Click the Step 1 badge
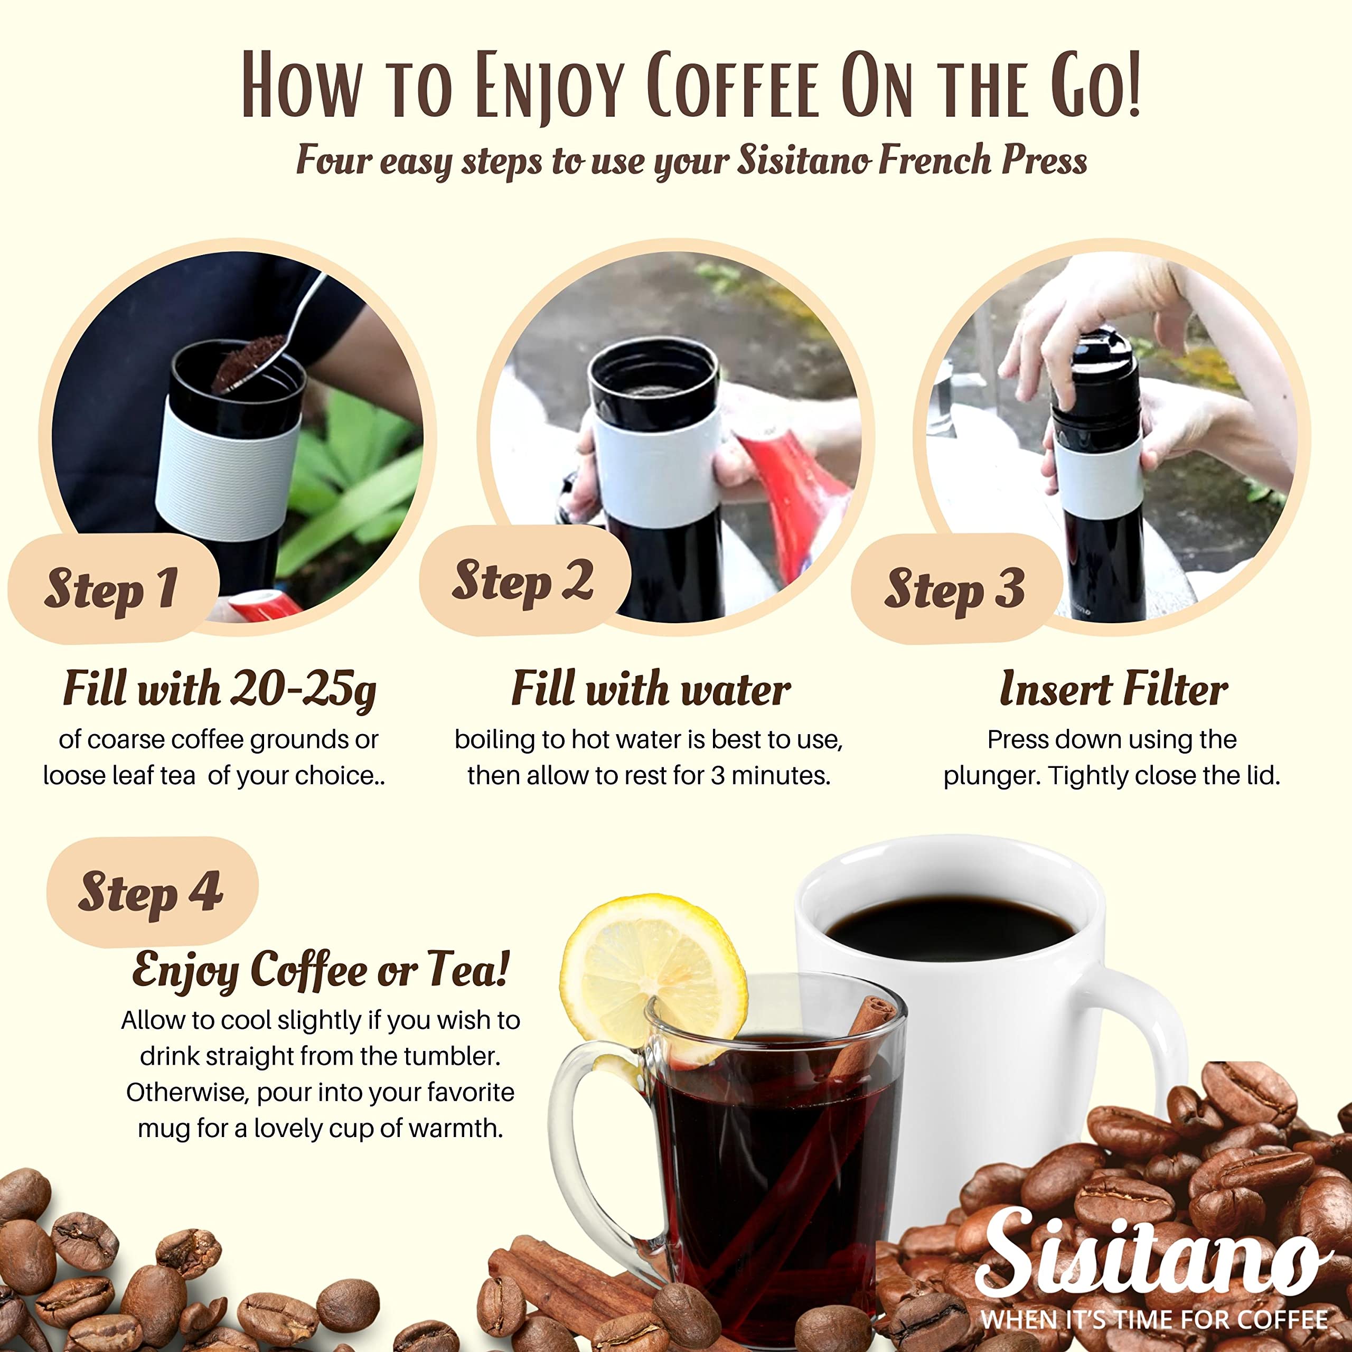(x=112, y=588)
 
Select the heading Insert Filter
(x=1113, y=689)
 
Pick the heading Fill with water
(x=651, y=689)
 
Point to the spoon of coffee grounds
(x=252, y=364)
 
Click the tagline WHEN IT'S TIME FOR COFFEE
(x=1154, y=1320)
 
